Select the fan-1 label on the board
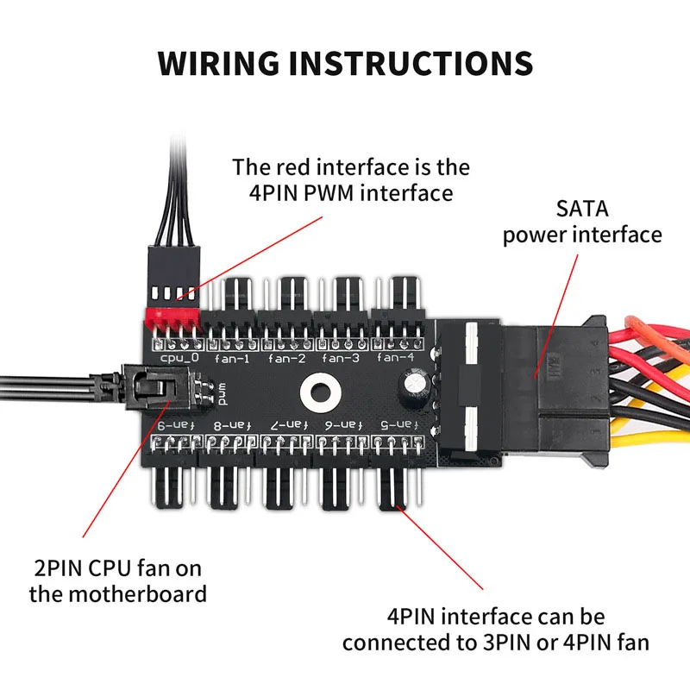(234, 357)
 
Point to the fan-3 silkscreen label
(341, 357)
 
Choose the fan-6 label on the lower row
(340, 425)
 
